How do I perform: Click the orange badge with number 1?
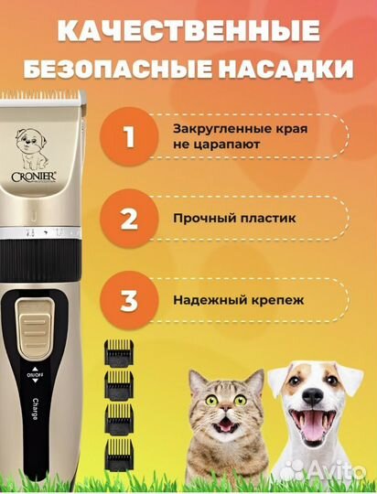pyautogui.click(x=129, y=138)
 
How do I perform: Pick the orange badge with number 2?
pyautogui.click(x=129, y=220)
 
